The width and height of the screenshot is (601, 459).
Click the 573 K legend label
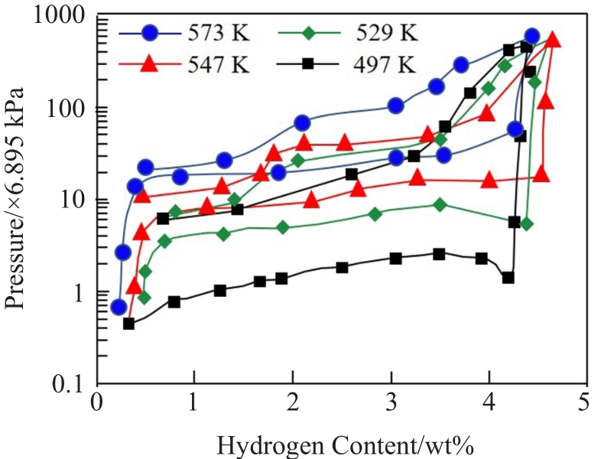coord(219,34)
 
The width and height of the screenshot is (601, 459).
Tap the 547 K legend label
coord(219,64)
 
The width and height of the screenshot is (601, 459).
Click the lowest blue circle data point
coord(118,307)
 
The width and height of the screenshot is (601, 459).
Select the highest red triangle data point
coord(554,40)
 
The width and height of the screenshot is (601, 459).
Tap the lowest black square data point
coord(128,324)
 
